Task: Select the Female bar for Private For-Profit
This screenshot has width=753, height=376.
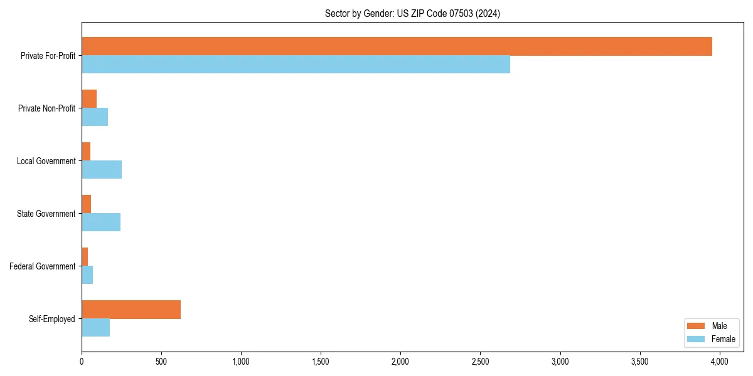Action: (x=296, y=65)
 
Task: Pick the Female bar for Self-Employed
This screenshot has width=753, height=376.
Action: (x=95, y=328)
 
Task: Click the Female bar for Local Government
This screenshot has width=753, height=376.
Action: (x=102, y=170)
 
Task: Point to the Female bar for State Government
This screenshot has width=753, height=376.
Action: (x=101, y=222)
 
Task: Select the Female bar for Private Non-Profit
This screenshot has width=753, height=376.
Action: (x=95, y=117)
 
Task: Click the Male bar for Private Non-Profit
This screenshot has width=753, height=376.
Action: (x=89, y=99)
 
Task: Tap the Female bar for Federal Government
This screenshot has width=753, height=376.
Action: (x=87, y=275)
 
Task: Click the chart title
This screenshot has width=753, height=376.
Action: (x=412, y=13)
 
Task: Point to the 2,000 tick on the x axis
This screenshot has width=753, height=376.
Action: (x=400, y=362)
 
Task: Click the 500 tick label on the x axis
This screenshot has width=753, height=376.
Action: (x=161, y=362)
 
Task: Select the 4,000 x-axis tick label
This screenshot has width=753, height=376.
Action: (x=719, y=362)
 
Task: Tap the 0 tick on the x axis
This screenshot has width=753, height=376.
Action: (x=82, y=362)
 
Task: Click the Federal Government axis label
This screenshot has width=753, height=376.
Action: (x=43, y=266)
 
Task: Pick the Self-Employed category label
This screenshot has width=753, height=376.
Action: (x=52, y=319)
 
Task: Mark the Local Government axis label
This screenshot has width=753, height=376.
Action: (x=46, y=161)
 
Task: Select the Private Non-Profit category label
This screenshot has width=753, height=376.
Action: (x=46, y=108)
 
